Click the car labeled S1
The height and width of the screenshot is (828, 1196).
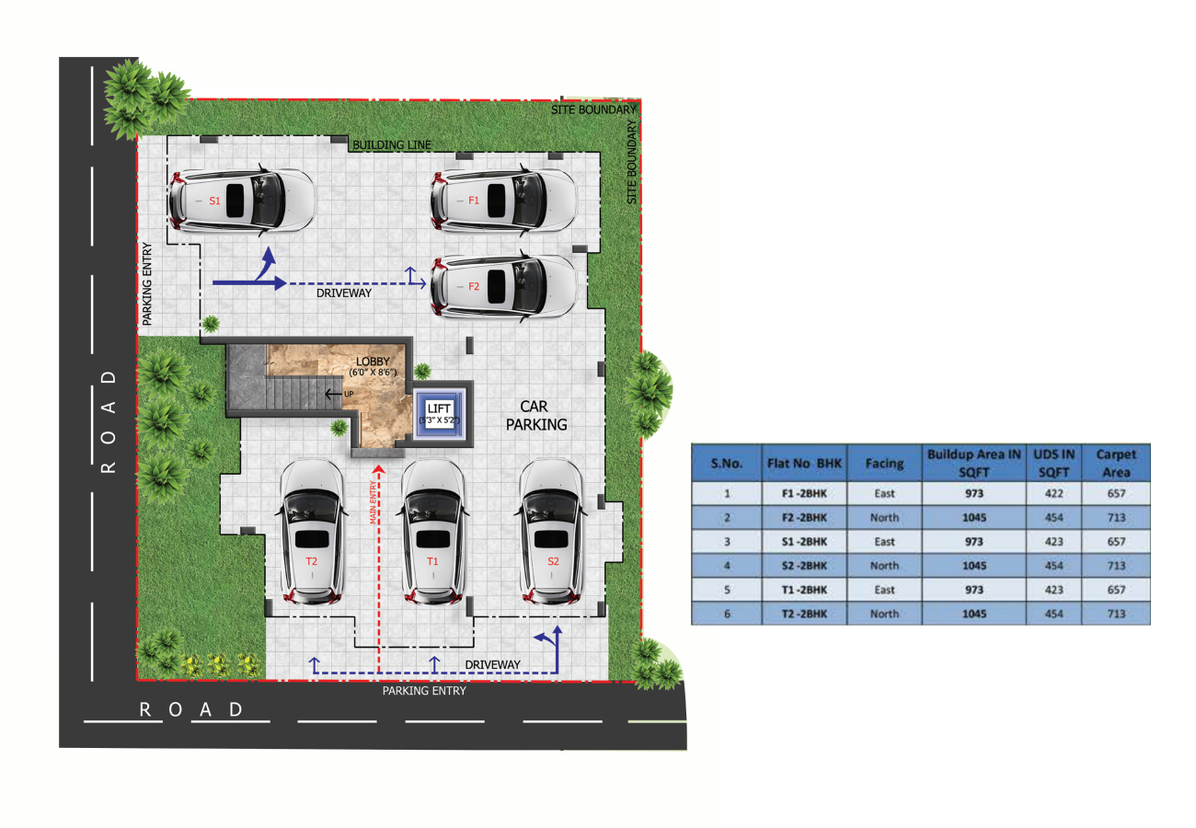(241, 201)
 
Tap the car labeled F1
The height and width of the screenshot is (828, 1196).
(503, 201)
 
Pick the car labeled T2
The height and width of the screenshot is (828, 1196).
(311, 532)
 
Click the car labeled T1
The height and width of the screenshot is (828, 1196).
(432, 532)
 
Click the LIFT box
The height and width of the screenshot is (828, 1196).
(439, 414)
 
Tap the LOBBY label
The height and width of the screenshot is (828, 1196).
(373, 362)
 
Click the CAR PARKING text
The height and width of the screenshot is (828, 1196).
(536, 415)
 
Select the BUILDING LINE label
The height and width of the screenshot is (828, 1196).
(391, 144)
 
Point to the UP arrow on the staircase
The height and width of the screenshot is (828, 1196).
(334, 394)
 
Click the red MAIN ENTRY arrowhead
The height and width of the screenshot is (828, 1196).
(378, 469)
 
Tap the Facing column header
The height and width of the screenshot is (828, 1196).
(884, 464)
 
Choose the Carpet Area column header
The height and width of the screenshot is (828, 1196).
(1116, 464)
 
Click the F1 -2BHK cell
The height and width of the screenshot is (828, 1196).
(804, 493)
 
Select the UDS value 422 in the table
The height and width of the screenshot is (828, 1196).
(1053, 493)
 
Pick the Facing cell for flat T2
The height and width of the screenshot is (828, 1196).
(884, 614)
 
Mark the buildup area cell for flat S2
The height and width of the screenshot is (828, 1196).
(974, 566)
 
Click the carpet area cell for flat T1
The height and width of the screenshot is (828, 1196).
(1116, 590)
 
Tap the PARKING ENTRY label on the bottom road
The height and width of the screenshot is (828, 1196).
(424, 691)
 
